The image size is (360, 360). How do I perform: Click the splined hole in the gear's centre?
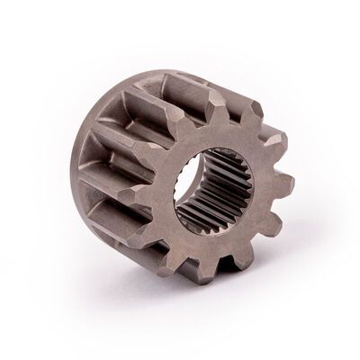coord(213,192)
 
